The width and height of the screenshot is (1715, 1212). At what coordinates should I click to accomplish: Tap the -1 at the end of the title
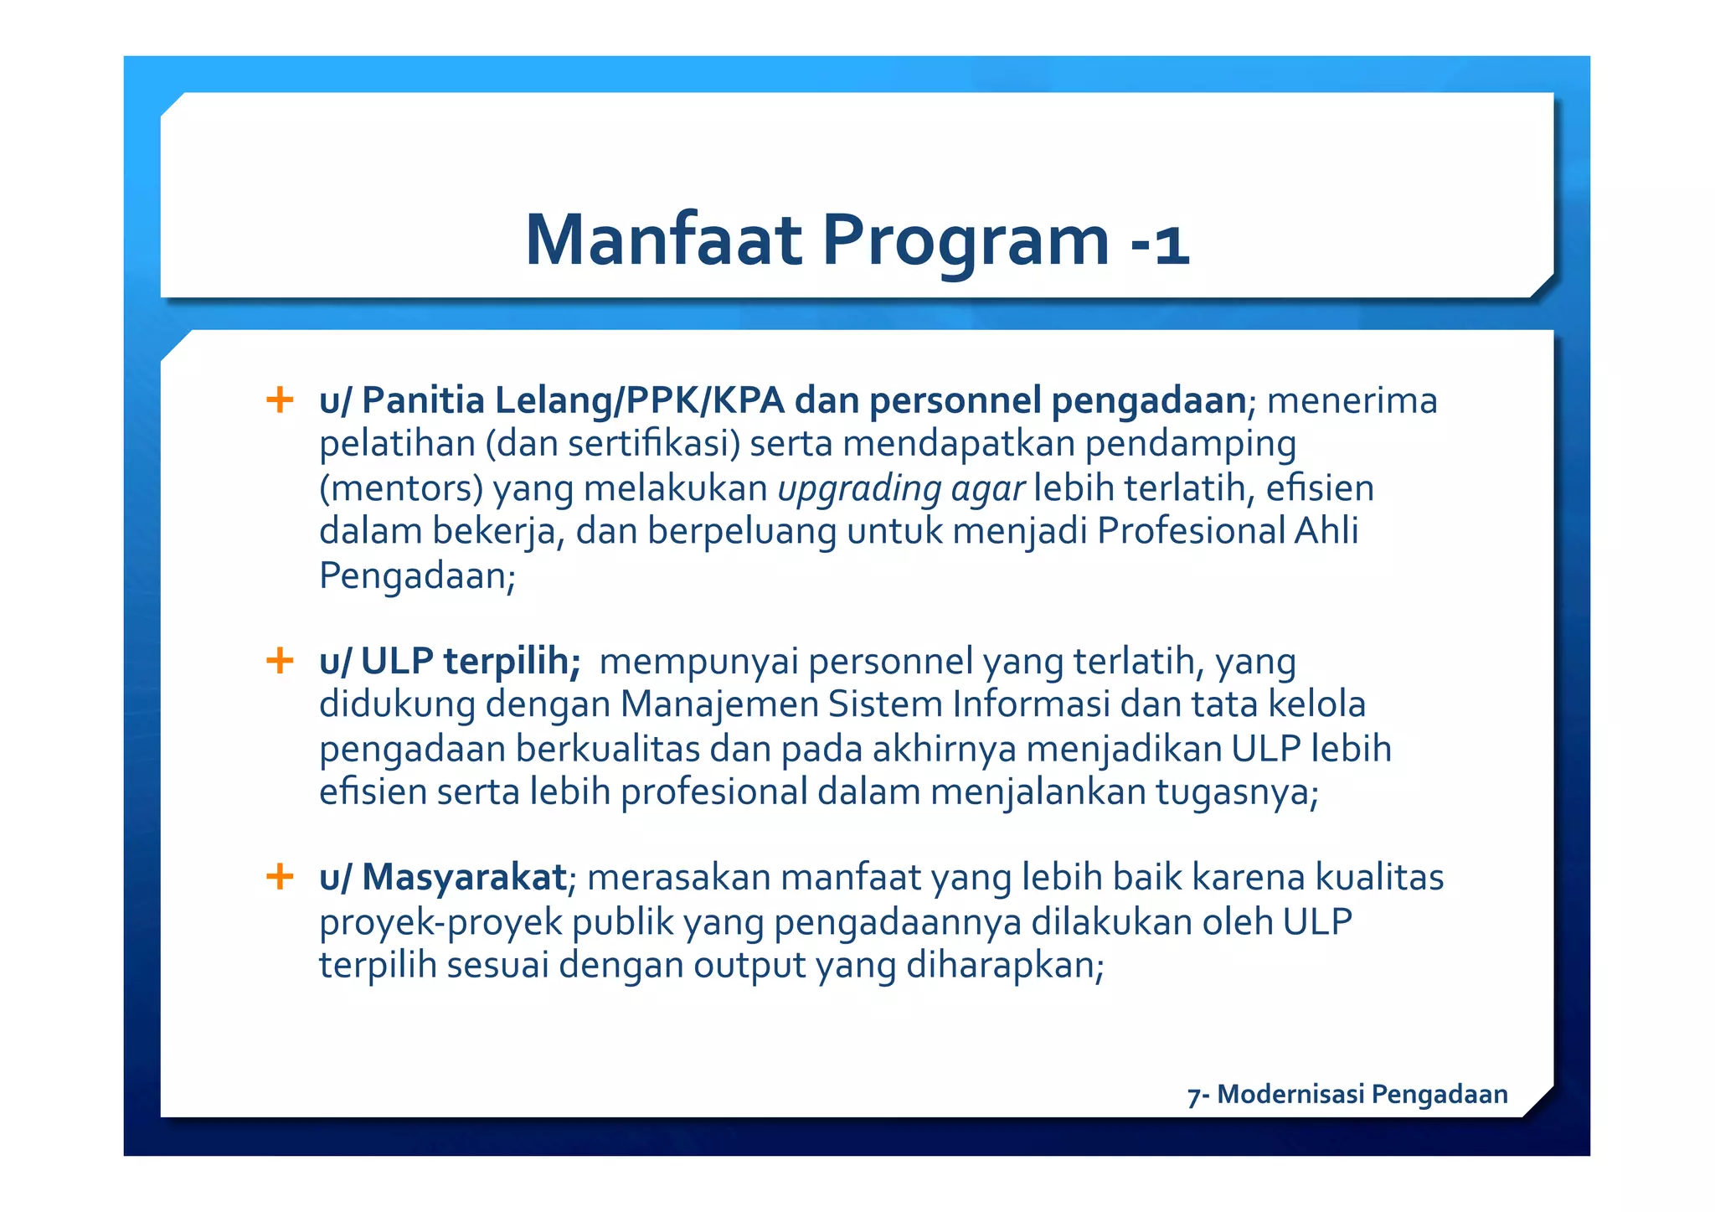[1159, 244]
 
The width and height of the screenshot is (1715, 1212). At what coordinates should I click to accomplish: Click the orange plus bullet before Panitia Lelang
[280, 400]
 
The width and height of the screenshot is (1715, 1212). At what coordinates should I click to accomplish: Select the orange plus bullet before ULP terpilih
[280, 661]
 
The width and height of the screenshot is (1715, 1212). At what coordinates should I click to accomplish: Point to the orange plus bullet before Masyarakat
[280, 877]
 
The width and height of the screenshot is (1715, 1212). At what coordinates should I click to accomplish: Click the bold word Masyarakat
[465, 878]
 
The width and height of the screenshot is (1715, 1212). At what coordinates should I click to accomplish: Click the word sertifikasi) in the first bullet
[654, 444]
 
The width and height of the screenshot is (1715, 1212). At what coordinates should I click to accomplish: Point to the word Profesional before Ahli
[1191, 531]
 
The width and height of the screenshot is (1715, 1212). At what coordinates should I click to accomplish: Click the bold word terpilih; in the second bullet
[512, 661]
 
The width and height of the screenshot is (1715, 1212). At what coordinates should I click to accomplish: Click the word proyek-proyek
[440, 922]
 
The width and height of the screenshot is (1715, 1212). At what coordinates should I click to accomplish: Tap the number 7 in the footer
[1193, 1096]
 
